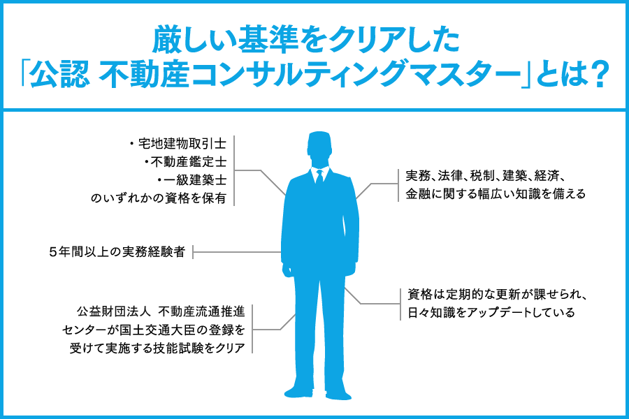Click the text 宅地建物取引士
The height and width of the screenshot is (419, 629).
click(x=182, y=144)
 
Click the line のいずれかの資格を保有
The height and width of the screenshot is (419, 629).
click(x=159, y=198)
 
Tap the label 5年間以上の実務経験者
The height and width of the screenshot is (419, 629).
click(x=117, y=252)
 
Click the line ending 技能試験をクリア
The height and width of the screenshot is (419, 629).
click(x=157, y=348)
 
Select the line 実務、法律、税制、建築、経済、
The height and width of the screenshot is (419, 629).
click(x=486, y=175)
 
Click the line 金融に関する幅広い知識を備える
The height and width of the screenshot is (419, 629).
click(x=496, y=194)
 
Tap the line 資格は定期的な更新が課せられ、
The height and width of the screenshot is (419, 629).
click(x=498, y=294)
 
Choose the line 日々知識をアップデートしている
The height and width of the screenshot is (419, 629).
click(x=491, y=312)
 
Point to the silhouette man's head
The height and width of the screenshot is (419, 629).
click(x=319, y=149)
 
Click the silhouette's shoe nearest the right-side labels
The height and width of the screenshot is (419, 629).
click(x=339, y=395)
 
